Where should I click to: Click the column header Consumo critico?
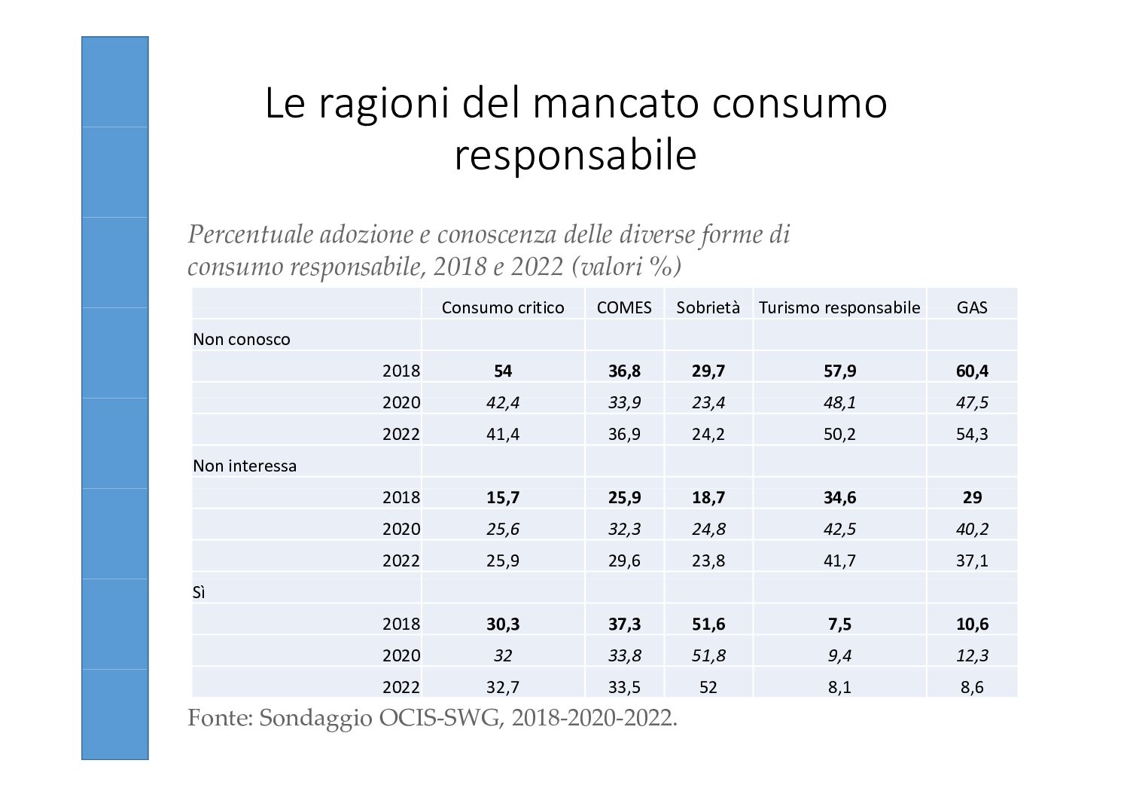pyautogui.click(x=502, y=307)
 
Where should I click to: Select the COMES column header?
pyautogui.click(x=624, y=307)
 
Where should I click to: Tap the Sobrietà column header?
pyautogui.click(x=708, y=307)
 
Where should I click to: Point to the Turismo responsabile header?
pyautogui.click(x=839, y=307)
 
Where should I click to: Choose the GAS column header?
pyautogui.click(x=972, y=307)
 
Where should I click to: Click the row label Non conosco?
pyautogui.click(x=242, y=339)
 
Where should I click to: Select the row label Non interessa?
pyautogui.click(x=245, y=466)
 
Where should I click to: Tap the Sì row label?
pyautogui.click(x=200, y=592)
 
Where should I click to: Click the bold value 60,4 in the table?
pyautogui.click(x=972, y=371)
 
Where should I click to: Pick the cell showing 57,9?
pyautogui.click(x=839, y=371)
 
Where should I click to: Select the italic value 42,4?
pyautogui.click(x=502, y=402)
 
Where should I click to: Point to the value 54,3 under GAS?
pyautogui.click(x=972, y=434)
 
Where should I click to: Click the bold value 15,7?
pyautogui.click(x=502, y=497)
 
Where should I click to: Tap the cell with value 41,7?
pyautogui.click(x=839, y=560)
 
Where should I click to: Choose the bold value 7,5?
pyautogui.click(x=839, y=624)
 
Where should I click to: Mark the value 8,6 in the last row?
pyautogui.click(x=972, y=687)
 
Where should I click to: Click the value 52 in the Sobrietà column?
pyautogui.click(x=708, y=687)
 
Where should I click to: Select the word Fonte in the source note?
pyautogui.click(x=216, y=718)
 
